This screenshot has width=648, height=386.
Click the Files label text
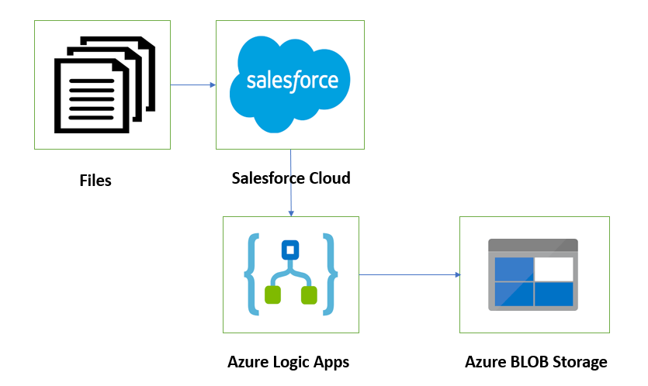[95, 181]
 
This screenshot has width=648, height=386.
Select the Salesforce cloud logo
[291, 81]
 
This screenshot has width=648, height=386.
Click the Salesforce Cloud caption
[291, 178]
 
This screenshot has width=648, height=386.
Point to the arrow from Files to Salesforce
[193, 84]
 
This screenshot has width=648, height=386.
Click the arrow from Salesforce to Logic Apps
[290, 183]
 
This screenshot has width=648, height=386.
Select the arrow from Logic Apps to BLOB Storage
[409, 274]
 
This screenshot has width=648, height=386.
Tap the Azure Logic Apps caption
[289, 362]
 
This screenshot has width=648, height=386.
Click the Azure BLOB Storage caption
[535, 362]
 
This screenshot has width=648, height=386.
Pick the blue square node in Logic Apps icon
[290, 250]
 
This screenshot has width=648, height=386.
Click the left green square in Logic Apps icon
[272, 295]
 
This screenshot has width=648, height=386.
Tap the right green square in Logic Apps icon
[309, 295]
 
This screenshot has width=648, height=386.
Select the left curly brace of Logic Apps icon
[253, 274]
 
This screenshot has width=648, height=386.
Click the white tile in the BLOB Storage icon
[554, 268]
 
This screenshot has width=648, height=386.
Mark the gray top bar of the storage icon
[532, 246]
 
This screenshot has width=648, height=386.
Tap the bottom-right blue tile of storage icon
[554, 293]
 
